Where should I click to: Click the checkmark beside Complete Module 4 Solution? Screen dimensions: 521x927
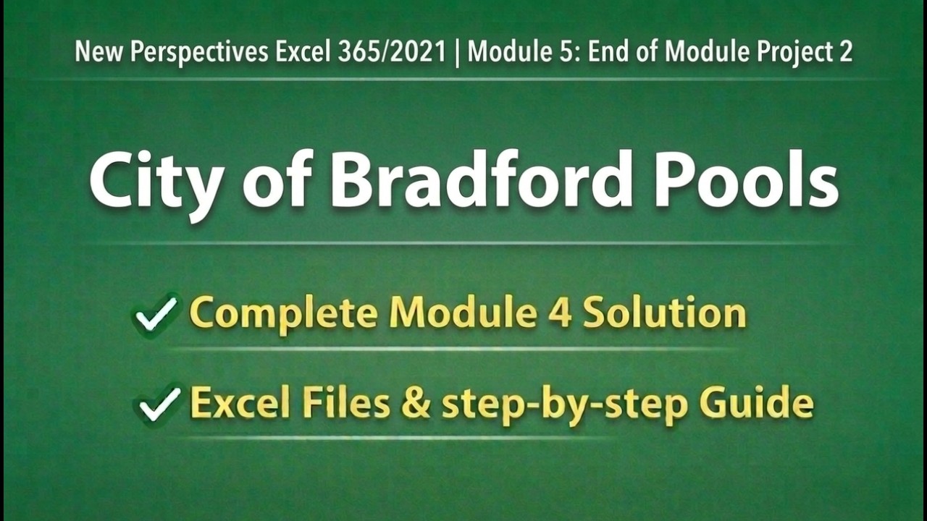(156, 313)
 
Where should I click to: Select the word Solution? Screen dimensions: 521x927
(664, 313)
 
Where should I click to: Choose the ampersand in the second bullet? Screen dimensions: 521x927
(416, 404)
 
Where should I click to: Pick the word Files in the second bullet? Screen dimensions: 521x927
(345, 404)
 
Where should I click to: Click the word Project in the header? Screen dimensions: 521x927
(800, 52)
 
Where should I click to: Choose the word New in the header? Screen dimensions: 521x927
(93, 52)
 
